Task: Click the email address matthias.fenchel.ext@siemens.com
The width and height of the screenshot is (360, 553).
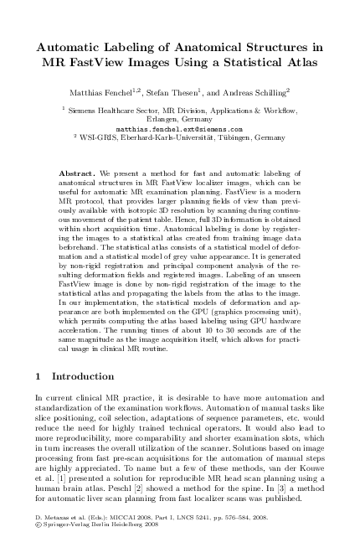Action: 179,130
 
